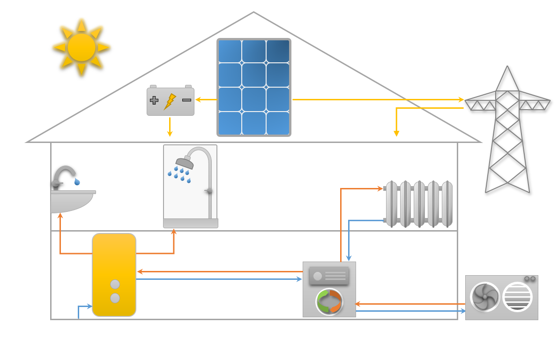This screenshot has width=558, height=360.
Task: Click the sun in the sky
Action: click(82, 47)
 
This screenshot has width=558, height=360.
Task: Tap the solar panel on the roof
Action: click(253, 87)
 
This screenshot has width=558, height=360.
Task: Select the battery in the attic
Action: click(171, 101)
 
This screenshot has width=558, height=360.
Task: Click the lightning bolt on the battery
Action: click(170, 101)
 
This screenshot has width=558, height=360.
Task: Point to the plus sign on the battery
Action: click(154, 100)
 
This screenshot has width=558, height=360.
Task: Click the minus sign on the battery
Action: click(186, 100)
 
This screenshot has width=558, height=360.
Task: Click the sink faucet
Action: click(63, 176)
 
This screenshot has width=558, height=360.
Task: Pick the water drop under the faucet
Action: click(77, 181)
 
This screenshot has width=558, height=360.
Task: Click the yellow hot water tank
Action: click(114, 274)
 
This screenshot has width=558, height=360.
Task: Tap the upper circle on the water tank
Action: click(115, 284)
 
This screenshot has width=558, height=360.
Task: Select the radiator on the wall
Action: click(418, 204)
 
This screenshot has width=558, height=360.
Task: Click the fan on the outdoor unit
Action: click(485, 297)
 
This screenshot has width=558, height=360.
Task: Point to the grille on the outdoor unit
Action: click(517, 297)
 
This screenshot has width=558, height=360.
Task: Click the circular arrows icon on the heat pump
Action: click(329, 301)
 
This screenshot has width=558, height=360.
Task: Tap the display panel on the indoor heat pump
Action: click(329, 276)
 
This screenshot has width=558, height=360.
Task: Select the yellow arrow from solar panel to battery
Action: click(206, 99)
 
